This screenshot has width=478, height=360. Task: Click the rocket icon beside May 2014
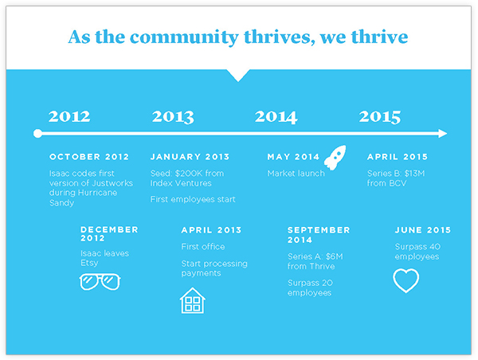coord(335,157)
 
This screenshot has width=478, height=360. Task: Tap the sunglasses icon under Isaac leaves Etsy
coord(100,282)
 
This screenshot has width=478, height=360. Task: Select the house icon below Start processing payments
coord(192,300)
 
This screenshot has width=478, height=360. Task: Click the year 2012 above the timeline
coord(69,116)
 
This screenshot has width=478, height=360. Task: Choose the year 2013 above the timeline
coord(173,117)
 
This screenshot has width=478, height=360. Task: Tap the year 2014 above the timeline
coord(276,117)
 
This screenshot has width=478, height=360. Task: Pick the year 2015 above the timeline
coord(380,117)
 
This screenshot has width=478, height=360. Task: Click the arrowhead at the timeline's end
coord(443,134)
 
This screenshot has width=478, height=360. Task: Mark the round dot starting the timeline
coord(37,134)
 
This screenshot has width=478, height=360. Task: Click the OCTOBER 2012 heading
coord(89,157)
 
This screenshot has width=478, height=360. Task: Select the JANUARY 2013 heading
coord(190,157)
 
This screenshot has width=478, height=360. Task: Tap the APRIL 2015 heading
coord(398,157)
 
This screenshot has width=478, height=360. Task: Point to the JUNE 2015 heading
coord(423,230)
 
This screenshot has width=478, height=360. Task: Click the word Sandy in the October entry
coord(61,203)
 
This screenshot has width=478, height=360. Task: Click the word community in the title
coord(184,37)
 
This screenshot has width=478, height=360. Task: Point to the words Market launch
coord(296,174)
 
